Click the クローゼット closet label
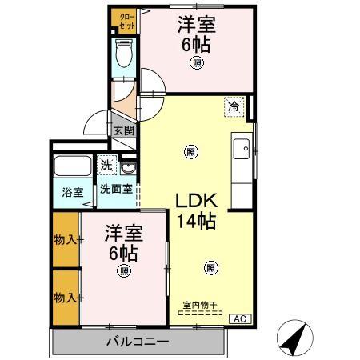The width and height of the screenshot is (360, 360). [x=126, y=19]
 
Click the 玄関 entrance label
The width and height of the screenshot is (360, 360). [x=123, y=130]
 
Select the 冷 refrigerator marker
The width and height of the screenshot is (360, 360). [x=234, y=106]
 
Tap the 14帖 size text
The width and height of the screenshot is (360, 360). [x=196, y=222]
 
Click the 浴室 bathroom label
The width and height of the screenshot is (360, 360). [x=74, y=192]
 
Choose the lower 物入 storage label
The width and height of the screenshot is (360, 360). [x=66, y=298]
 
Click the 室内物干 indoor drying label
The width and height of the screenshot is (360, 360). [x=200, y=305]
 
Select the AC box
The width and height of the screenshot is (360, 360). [x=238, y=319]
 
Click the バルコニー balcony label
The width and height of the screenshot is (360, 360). [x=138, y=342]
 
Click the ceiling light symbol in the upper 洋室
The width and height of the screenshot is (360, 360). [x=197, y=64]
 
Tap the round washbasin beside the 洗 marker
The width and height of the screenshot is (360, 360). [x=129, y=167]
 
